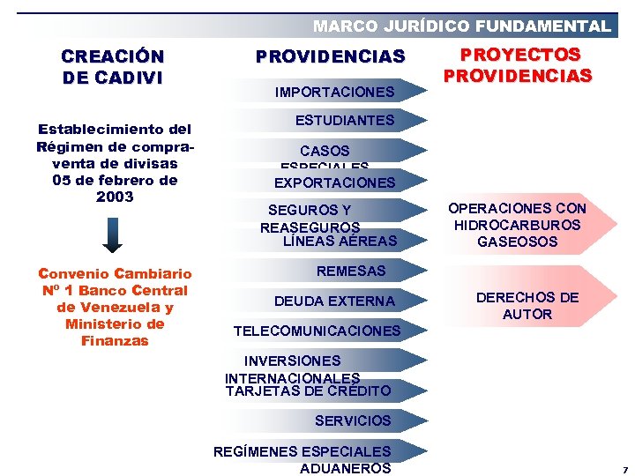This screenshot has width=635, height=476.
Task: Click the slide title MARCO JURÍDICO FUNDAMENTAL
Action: click(x=461, y=26)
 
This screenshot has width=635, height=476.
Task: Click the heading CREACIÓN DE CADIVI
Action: click(x=113, y=66)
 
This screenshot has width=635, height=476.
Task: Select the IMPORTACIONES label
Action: click(x=334, y=92)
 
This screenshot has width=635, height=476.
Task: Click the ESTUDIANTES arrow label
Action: click(x=344, y=120)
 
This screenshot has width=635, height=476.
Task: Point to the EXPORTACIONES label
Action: click(x=334, y=183)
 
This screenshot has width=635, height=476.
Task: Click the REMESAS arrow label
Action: click(x=350, y=271)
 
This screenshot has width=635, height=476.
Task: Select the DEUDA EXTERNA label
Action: click(x=334, y=301)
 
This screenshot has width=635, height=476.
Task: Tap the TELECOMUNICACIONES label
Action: click(x=317, y=331)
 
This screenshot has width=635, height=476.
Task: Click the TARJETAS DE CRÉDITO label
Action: click(x=308, y=390)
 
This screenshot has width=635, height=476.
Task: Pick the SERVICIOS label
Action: click(x=352, y=420)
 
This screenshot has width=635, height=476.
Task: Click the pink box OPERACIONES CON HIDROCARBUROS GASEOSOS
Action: click(x=517, y=225)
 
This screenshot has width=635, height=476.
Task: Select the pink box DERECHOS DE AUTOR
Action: click(x=527, y=306)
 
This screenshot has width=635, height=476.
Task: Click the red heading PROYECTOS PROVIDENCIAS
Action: click(x=517, y=65)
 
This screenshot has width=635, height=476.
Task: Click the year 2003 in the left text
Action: click(x=116, y=197)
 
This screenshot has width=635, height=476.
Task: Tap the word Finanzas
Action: click(x=115, y=340)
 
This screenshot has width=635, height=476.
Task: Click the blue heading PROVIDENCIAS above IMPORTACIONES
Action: click(x=330, y=57)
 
